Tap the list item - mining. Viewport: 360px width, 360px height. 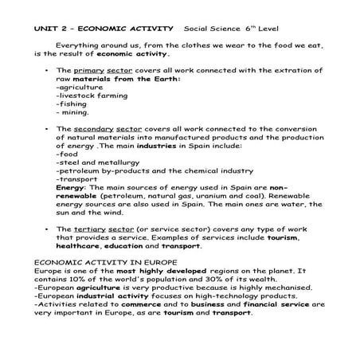point(73,112)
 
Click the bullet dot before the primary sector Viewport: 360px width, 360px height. point(47,71)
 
